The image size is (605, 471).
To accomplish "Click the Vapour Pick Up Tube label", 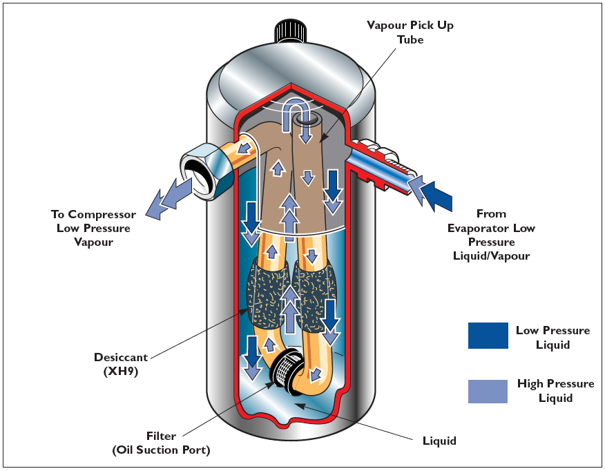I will point(410,31).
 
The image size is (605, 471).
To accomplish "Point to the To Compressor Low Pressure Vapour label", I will point(93,228).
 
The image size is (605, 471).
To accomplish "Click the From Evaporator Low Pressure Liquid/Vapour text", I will point(491,235).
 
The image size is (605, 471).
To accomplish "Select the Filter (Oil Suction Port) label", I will point(161,443).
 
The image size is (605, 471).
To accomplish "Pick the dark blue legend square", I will point(488,336).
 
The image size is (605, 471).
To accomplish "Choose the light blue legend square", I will point(488,391).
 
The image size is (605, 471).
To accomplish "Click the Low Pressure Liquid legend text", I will point(553,337).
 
